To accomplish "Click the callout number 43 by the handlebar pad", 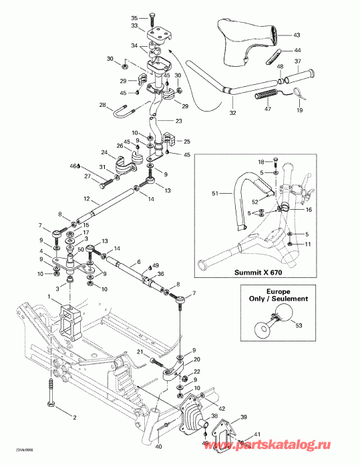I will click(298, 35).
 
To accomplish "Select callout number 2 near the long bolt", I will click(75, 418).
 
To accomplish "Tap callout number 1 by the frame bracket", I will click(49, 295).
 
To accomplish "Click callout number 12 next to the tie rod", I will click(87, 198).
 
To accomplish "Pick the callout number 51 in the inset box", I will click(215, 194).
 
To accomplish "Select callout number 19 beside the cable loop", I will click(299, 110).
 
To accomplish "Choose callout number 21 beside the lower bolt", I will click(141, 352).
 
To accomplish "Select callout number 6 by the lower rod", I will click(138, 261).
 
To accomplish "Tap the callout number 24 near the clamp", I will click(104, 152).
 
